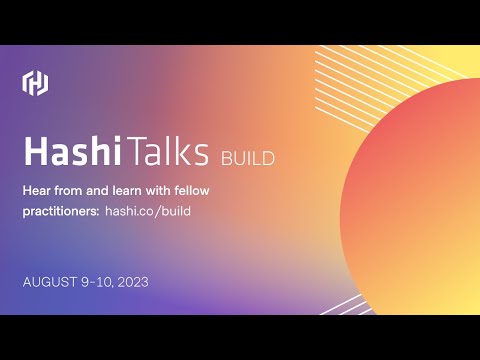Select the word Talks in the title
[169, 151]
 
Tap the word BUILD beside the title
[246, 157]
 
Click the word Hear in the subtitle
[36, 190]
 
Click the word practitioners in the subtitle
[58, 212]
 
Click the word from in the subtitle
[70, 190]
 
